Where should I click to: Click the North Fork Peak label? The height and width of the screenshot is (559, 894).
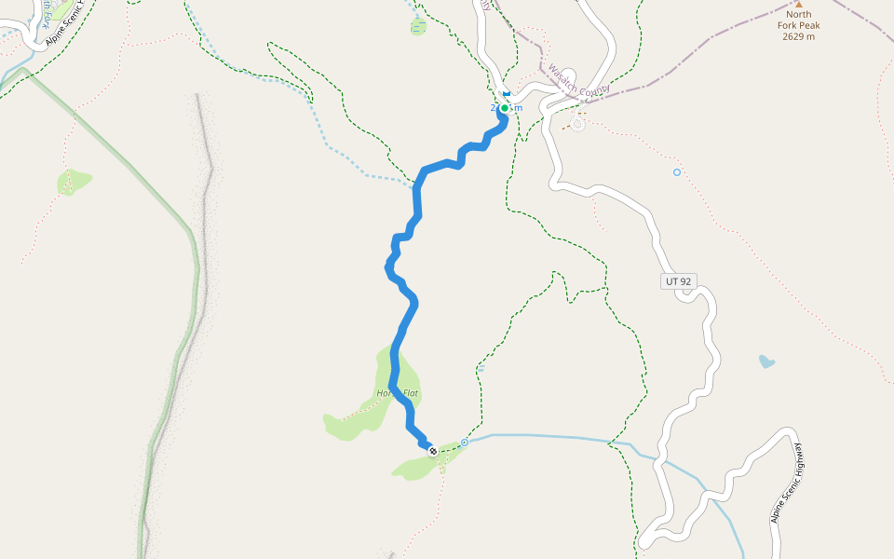pyautogui.click(x=798, y=20)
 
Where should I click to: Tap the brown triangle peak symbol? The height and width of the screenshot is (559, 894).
pyautogui.click(x=798, y=4)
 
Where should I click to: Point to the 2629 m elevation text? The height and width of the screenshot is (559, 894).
pyautogui.click(x=798, y=36)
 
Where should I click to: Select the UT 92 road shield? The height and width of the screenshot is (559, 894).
pyautogui.click(x=680, y=280)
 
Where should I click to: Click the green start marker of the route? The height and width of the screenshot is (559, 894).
pyautogui.click(x=505, y=108)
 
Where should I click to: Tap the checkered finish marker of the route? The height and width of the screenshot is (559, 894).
pyautogui.click(x=432, y=451)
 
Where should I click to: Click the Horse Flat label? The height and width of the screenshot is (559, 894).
pyautogui.click(x=398, y=394)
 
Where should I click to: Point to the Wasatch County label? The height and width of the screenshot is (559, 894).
pyautogui.click(x=578, y=81)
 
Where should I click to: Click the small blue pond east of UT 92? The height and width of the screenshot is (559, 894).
pyautogui.click(x=766, y=361)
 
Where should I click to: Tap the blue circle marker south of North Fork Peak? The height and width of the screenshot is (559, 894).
pyautogui.click(x=677, y=172)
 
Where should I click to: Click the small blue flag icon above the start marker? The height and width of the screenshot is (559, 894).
pyautogui.click(x=506, y=94)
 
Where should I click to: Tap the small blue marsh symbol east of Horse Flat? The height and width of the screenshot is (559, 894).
pyautogui.click(x=481, y=369)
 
